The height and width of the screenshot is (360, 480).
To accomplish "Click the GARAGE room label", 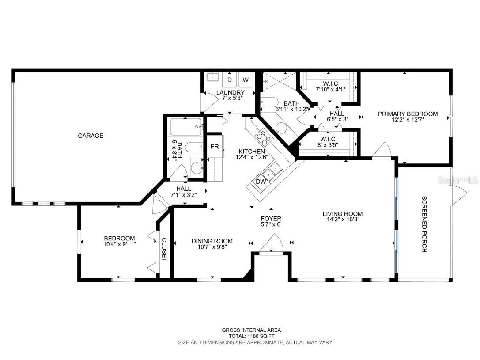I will [91, 136].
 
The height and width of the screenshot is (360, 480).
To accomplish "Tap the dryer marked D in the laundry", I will [230, 80].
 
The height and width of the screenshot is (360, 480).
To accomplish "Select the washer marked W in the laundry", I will [246, 80].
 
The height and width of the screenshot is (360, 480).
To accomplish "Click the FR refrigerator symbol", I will [215, 147].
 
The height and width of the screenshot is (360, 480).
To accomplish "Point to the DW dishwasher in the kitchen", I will [261, 181].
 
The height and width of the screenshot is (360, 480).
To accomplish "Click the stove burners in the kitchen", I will [264, 137].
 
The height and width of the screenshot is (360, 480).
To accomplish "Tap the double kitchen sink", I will [272, 170].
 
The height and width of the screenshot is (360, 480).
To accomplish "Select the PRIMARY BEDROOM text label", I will [408, 114].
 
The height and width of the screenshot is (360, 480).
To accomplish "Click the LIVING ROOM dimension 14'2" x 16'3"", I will [342, 220].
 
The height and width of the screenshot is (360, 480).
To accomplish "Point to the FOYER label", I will [271, 218].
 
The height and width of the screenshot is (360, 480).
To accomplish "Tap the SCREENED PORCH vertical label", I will [424, 224].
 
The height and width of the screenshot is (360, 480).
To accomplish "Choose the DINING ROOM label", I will [212, 241].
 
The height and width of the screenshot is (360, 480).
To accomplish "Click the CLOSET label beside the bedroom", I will [163, 250].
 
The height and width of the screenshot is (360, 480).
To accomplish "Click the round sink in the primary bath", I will [281, 128].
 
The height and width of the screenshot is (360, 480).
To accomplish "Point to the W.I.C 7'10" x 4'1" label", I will [330, 86].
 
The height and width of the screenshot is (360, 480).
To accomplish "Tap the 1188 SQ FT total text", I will [251, 336].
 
